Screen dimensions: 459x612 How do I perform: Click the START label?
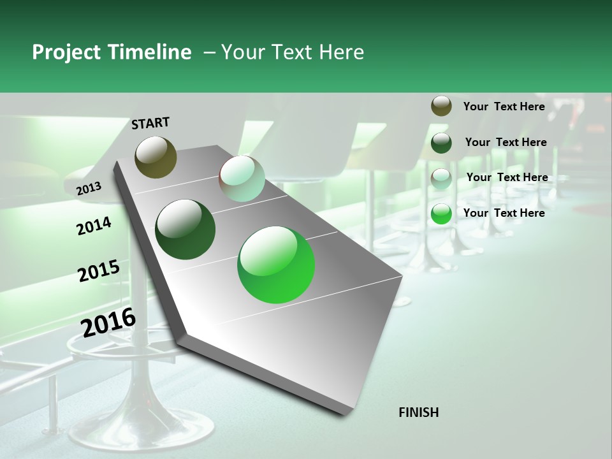click(x=150, y=123)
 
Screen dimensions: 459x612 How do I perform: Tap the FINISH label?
click(x=418, y=412)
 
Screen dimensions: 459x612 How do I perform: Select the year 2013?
click(x=89, y=188)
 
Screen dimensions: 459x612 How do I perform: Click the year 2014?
click(x=94, y=226)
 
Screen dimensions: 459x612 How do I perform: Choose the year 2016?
click(x=108, y=323)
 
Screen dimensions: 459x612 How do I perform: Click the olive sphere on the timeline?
click(x=156, y=157)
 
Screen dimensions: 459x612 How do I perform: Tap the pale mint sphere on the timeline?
click(x=242, y=178)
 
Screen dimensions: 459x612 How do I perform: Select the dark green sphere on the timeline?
click(x=186, y=229)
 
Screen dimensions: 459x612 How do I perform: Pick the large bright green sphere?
click(x=276, y=265)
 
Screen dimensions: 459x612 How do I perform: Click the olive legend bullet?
click(x=441, y=106)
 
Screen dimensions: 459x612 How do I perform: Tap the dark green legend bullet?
click(x=441, y=142)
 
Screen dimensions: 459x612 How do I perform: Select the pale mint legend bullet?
click(x=441, y=178)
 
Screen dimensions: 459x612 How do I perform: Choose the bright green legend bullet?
click(x=441, y=214)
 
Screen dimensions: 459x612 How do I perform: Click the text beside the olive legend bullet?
click(x=504, y=106)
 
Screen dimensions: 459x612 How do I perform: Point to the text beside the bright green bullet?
click(x=504, y=213)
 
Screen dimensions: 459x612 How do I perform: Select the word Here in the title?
click(x=341, y=52)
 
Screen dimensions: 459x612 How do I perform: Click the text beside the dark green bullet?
click(x=506, y=142)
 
